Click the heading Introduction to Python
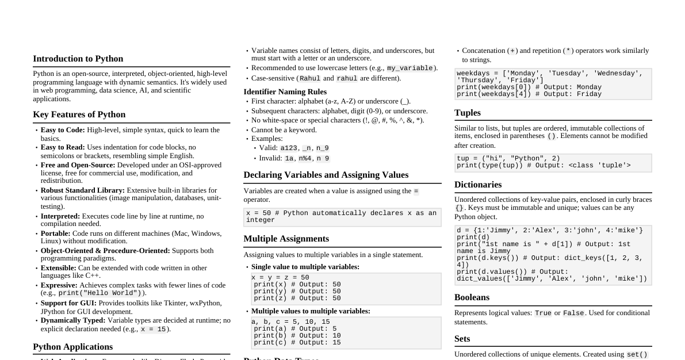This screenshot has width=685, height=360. coord(78,59)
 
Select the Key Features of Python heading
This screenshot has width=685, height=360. coord(79,114)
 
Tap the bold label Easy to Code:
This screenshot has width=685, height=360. coord(63,130)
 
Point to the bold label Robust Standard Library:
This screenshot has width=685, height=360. coord(82,190)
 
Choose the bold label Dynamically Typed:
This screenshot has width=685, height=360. coord(73,320)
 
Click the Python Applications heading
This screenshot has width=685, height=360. coord(72,347)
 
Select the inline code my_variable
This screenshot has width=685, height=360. coord(410,68)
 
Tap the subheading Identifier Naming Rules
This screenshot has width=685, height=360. coord(285,92)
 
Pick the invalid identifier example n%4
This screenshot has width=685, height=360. coord(304,159)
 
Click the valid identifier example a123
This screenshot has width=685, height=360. coord(289,148)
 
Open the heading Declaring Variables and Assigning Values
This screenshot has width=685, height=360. coord(326,175)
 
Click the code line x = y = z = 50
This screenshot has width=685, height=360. coord(280,278)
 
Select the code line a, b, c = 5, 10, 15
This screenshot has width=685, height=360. coord(290,322)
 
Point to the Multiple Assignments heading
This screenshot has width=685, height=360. coord(286,239)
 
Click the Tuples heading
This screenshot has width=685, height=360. coord(467,113)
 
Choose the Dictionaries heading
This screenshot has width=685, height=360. coord(477,185)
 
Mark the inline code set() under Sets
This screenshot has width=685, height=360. coord(637,355)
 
